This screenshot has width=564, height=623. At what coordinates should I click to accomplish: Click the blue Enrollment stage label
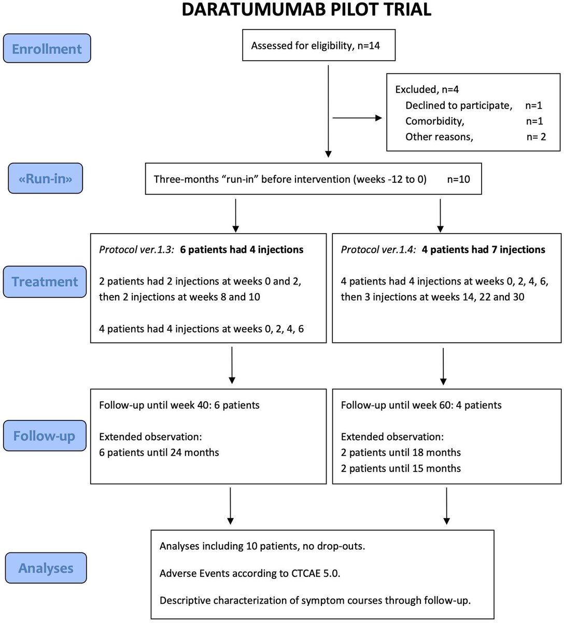47,49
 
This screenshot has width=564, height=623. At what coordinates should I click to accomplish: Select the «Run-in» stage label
46,179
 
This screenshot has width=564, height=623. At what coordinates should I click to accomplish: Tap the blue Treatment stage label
45,282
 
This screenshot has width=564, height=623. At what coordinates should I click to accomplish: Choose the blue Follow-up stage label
44,435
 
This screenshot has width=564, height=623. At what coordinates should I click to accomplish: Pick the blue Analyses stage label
46,568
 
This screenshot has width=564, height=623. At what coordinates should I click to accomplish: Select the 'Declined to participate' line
458,105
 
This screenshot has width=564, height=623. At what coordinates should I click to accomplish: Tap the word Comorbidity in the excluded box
434,121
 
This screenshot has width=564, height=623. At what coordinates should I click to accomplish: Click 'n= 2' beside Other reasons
535,137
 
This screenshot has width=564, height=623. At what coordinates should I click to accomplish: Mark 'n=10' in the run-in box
458,180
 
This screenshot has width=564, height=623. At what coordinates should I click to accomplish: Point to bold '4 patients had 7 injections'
483,250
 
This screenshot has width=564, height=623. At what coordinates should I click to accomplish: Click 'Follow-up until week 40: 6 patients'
179,405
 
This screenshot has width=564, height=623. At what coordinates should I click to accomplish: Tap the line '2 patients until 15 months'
401,468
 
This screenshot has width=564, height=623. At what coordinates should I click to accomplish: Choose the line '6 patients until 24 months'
159,453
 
